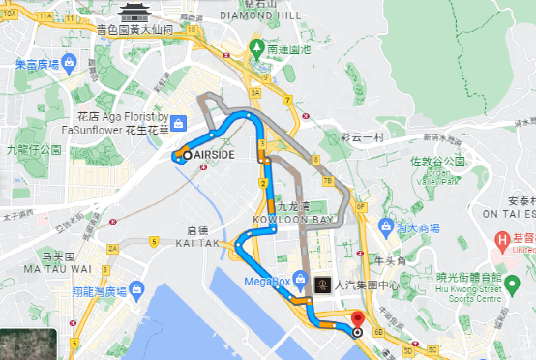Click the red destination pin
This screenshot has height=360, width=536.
[x=358, y=319]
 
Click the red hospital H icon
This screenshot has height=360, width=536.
[x=502, y=239]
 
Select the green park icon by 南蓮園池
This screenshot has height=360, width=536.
[x=256, y=46]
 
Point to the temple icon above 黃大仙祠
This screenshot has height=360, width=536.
[x=134, y=12]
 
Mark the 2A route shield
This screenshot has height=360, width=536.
[x=112, y=249]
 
